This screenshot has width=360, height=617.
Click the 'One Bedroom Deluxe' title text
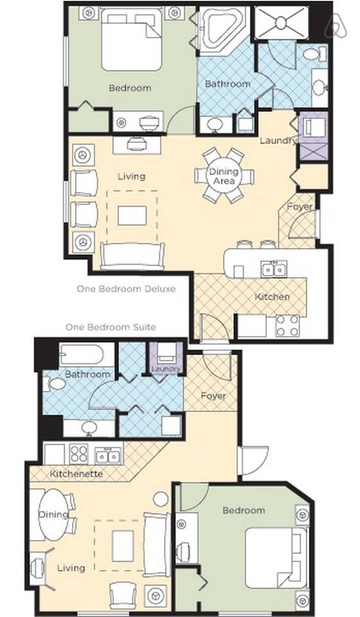[x=126, y=289]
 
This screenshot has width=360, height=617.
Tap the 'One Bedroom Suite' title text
[x=111, y=327]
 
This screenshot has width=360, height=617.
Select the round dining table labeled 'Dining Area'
[x=224, y=176]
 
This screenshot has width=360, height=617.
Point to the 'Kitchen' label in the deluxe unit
[x=273, y=297]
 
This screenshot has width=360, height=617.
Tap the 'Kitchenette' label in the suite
[x=76, y=474]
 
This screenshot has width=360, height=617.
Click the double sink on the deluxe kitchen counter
[x=274, y=269]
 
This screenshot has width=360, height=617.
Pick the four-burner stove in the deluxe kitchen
[x=287, y=326]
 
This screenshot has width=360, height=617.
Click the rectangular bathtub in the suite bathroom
[x=82, y=354]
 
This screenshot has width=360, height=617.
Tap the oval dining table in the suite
[x=53, y=514]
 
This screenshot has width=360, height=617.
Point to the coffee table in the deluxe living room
[x=132, y=216]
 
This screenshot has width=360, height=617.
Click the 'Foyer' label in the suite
[x=213, y=395]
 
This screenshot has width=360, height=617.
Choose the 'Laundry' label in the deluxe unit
[x=278, y=141]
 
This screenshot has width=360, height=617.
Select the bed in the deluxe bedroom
[x=131, y=39]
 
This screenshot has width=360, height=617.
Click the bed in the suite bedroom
[x=276, y=558]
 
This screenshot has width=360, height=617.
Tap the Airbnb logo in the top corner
[x=335, y=24]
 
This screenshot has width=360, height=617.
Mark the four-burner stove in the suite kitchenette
[x=78, y=454]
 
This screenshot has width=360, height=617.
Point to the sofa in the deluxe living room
[x=132, y=256]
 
